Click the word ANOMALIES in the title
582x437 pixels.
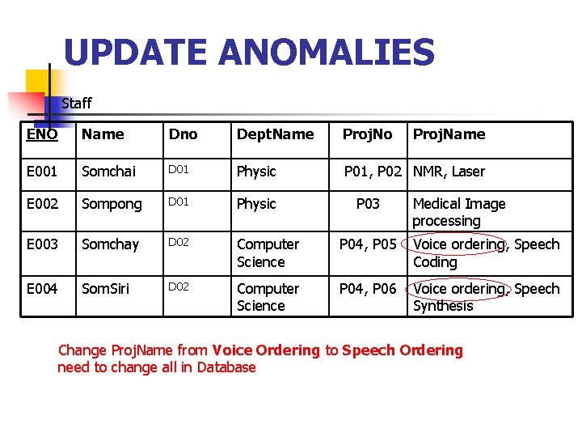[327, 53]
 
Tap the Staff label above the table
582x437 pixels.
[77, 104]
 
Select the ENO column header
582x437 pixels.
[42, 134]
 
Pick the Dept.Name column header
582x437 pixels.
[275, 134]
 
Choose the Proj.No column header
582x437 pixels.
[367, 134]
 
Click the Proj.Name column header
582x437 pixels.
[449, 134]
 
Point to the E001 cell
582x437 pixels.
[42, 172]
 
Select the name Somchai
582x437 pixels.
[109, 172]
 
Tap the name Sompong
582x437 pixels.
[112, 204]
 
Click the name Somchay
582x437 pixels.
[111, 244]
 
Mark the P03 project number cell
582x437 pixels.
[368, 204]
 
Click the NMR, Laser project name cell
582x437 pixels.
[449, 172]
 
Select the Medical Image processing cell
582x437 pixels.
[458, 212]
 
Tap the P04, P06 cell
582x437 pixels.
[368, 289]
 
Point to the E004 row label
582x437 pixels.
[42, 289]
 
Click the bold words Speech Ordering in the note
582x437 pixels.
[403, 350]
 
